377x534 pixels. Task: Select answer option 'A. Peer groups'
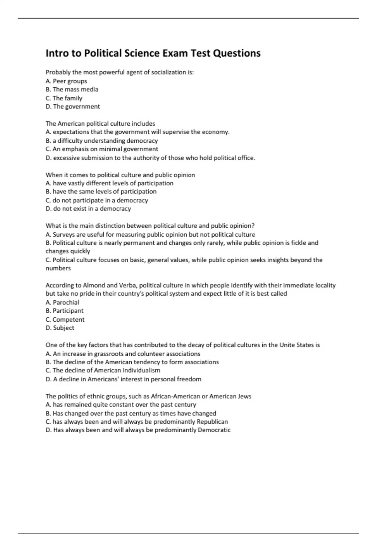pos(66,81)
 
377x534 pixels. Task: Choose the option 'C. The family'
pos(64,98)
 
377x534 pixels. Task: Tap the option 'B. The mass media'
pos(72,90)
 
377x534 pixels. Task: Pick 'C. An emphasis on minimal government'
pos(102,149)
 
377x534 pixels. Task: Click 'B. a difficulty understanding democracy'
pos(101,141)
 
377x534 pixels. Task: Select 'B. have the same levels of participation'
pos(101,192)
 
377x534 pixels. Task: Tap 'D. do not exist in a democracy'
pos(88,209)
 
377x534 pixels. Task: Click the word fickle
pos(298,243)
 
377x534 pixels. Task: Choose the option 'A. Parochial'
pos(62,302)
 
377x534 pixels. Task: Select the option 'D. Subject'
pos(60,328)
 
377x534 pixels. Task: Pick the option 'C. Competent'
pos(65,319)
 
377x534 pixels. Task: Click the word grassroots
pos(109,354)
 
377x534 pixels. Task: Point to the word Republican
pos(212,422)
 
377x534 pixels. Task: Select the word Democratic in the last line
pos(214,430)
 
